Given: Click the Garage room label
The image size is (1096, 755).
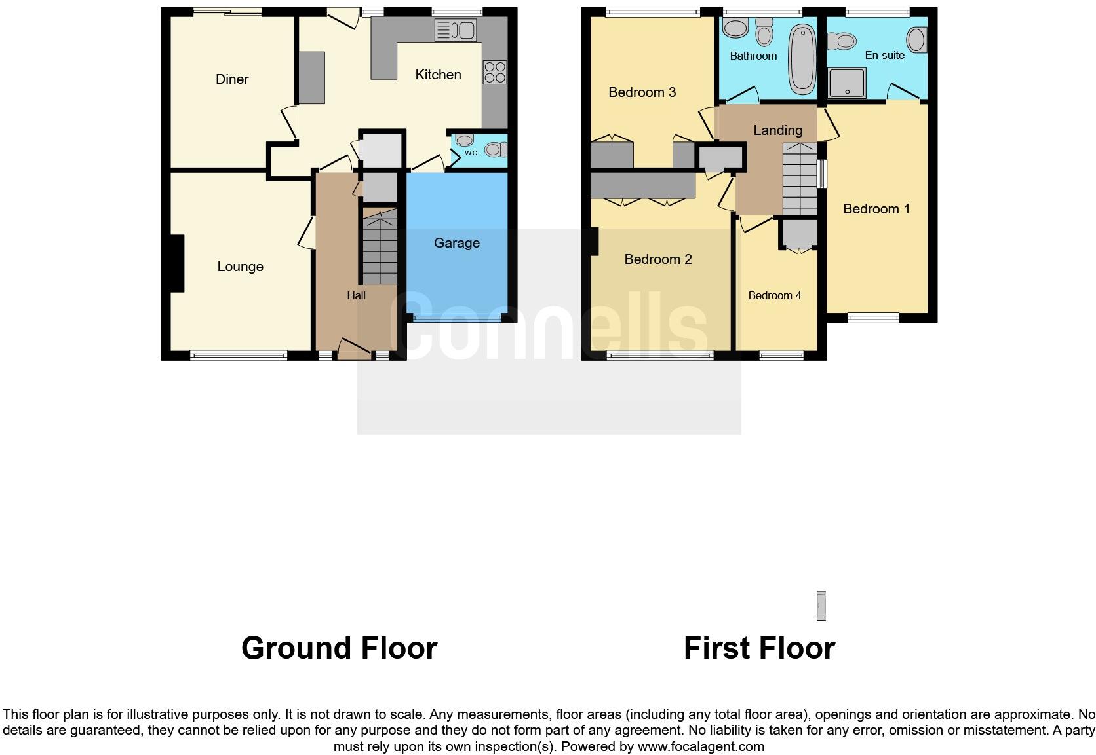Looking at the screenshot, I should (x=456, y=243).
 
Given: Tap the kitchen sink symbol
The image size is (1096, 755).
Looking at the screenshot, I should (x=455, y=30).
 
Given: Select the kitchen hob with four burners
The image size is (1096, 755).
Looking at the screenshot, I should (x=495, y=72).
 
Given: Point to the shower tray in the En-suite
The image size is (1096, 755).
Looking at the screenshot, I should (x=847, y=83).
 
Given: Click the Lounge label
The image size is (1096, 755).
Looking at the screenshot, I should (x=240, y=267).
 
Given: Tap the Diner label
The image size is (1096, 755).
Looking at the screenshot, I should (x=232, y=79).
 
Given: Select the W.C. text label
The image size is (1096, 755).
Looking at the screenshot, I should (x=471, y=153).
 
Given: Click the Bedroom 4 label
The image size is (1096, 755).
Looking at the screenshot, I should (x=774, y=296).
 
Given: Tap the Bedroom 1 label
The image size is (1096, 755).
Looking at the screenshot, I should (x=876, y=209).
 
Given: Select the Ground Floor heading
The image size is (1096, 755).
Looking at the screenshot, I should (x=339, y=648).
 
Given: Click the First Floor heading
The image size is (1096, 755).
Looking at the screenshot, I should (x=758, y=648).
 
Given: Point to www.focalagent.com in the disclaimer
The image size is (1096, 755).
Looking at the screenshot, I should (x=700, y=746).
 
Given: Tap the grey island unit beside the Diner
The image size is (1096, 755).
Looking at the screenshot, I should (x=311, y=78).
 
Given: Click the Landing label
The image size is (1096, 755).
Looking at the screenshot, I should (x=777, y=130).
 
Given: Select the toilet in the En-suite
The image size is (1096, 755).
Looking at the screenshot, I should (x=842, y=42).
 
